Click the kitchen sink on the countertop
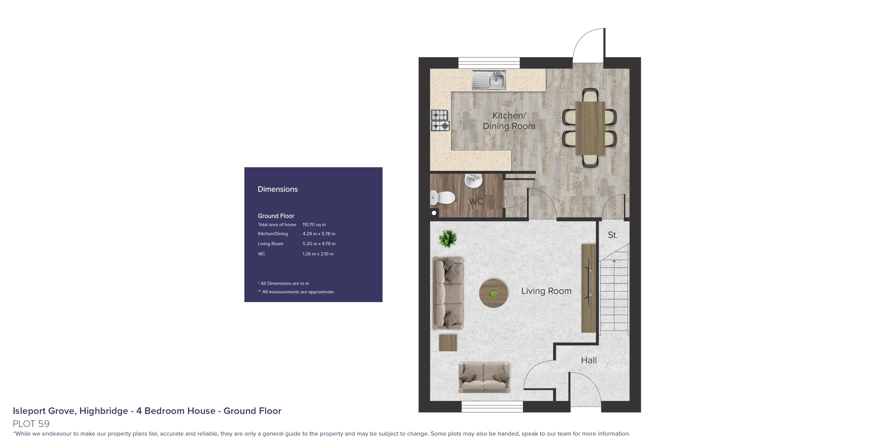[x=489, y=80]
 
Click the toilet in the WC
[x=443, y=198]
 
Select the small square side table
[x=448, y=343]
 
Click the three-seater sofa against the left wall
[x=448, y=293]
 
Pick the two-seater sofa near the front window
[x=484, y=378]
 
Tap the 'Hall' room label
[x=589, y=361]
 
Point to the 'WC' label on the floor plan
[x=476, y=202]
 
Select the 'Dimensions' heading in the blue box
[x=278, y=189]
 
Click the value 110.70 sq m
[x=314, y=224]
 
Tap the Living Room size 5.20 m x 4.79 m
[x=319, y=244]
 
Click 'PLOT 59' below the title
[x=31, y=424]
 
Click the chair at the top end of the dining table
[x=590, y=95]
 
